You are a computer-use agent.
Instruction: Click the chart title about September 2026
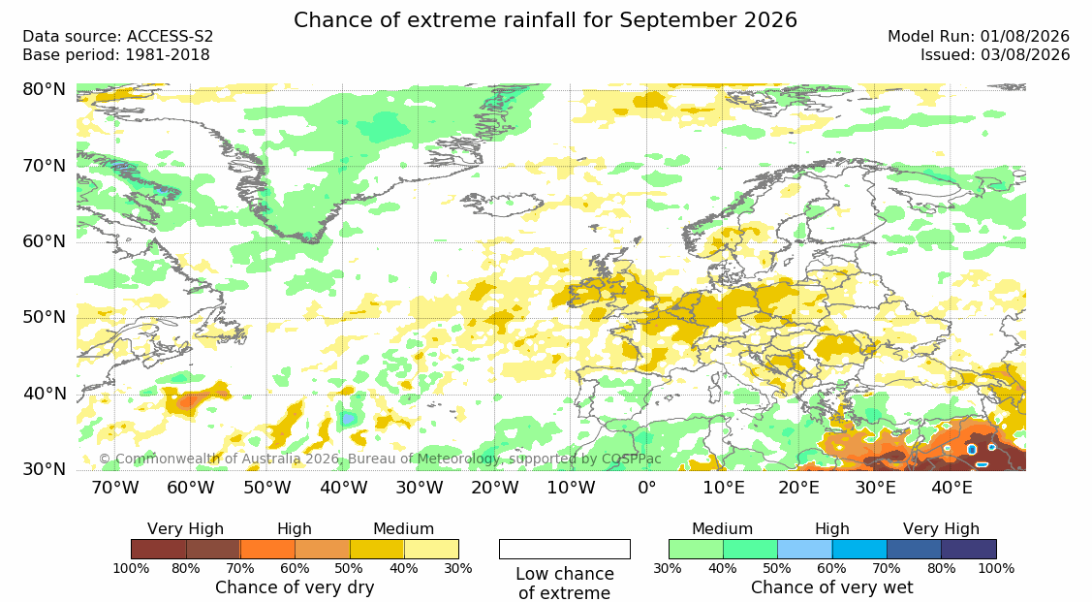coord(546,19)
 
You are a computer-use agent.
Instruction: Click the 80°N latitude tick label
coord(45,89)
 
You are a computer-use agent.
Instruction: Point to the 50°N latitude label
coord(45,318)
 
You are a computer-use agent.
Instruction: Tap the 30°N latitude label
coord(45,469)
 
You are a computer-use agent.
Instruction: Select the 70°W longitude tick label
coord(115,488)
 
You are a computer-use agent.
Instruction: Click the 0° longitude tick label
coord(647,488)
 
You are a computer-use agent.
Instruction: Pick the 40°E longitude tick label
coord(952,488)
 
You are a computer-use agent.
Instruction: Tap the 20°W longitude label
coord(495,488)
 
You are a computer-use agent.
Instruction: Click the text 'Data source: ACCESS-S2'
coord(117,37)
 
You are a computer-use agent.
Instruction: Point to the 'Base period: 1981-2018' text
coord(116,55)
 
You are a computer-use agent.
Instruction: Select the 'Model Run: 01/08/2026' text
coord(979,37)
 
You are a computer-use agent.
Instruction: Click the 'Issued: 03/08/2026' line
coord(995,55)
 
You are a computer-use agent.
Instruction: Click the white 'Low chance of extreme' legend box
coord(565,549)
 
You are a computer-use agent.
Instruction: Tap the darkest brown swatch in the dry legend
coord(159,549)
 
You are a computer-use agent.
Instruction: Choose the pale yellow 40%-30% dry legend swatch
coord(432,549)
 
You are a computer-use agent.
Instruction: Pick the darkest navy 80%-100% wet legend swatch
coord(969,549)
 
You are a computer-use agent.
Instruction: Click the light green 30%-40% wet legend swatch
coord(696,549)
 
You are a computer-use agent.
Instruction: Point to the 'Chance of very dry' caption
coord(295,587)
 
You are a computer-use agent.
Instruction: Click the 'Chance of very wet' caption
coord(832,587)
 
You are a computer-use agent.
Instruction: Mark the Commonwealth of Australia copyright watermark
coord(380,459)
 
